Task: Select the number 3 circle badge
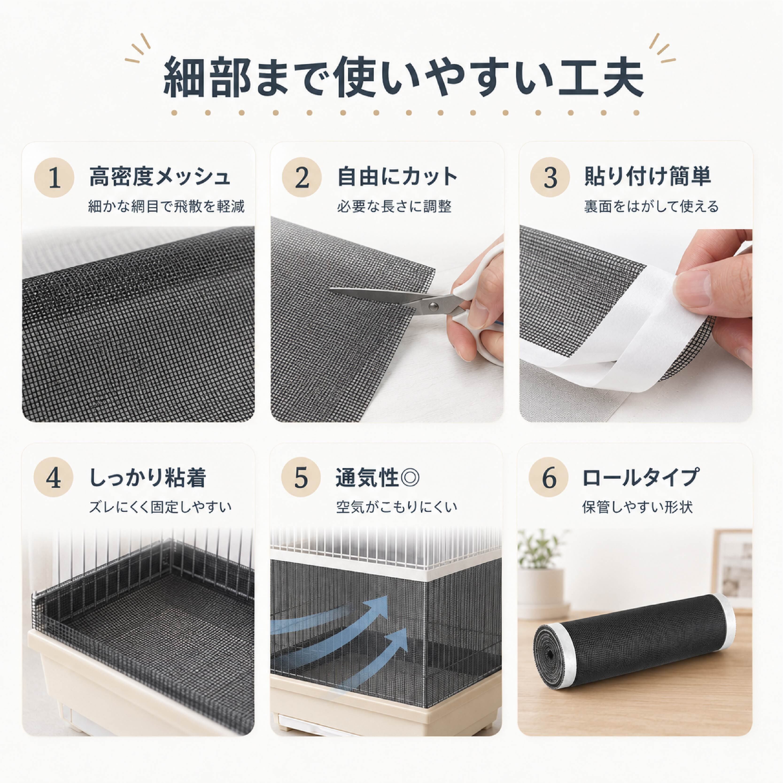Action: coord(550,177)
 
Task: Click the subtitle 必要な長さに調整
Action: coord(394,207)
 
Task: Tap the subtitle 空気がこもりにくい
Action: coord(397,507)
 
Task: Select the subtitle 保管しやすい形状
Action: coord(637,507)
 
